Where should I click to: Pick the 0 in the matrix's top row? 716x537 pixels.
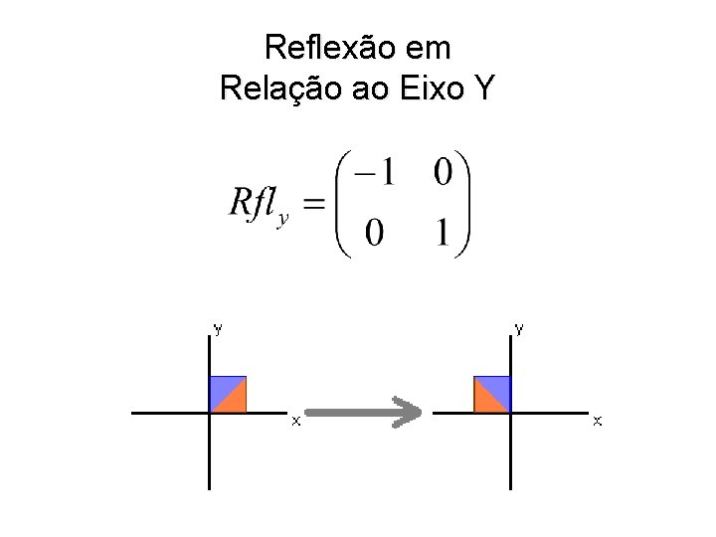point(443,173)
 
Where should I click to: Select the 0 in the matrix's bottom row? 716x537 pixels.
point(375,235)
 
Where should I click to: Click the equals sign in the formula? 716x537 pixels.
point(313,206)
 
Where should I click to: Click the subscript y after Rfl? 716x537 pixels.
point(283,220)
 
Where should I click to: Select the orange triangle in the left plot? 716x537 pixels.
point(235,401)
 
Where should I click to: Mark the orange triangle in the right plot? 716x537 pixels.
point(486,401)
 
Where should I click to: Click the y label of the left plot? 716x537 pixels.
point(218,326)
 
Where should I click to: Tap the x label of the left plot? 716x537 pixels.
point(294,422)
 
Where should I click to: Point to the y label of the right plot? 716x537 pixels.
point(519,326)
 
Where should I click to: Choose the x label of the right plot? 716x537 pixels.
point(597,422)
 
